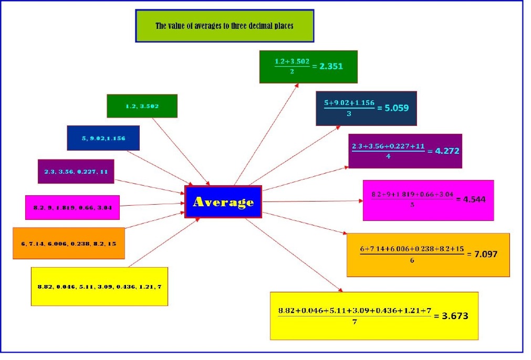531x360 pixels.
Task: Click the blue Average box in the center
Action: pos(223,202)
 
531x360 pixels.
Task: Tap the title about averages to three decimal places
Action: pos(224,26)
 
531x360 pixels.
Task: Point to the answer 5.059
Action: pos(397,108)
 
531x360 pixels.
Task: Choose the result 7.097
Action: pos(485,255)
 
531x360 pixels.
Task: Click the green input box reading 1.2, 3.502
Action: pos(142,106)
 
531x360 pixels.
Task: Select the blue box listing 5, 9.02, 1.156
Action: pos(103,138)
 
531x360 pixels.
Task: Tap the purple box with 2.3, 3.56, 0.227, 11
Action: pos(76,172)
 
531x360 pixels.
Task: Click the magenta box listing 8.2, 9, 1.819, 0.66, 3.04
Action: pos(72,208)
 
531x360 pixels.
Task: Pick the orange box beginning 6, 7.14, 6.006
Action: pos(69,243)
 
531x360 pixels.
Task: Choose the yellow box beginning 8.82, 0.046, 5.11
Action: pos(99,287)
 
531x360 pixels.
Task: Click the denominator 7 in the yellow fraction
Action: pos(355,322)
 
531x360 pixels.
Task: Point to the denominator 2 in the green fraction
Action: pos(292,72)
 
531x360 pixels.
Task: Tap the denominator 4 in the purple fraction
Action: pos(388,156)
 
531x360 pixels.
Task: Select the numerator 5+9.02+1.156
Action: pos(349,103)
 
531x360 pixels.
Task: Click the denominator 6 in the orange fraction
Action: pos(412,260)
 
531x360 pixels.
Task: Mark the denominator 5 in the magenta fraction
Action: pos(412,205)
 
